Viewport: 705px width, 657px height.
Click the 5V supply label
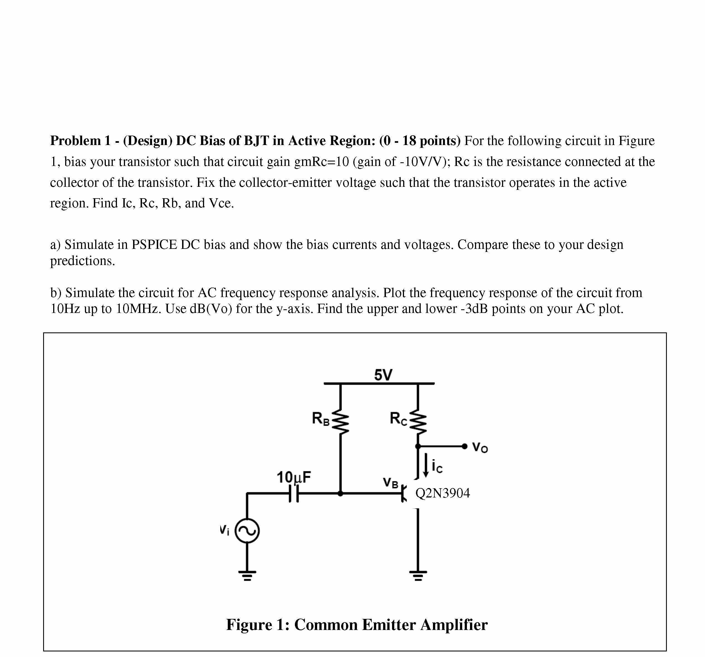[383, 375]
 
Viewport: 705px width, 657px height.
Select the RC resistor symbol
[418, 423]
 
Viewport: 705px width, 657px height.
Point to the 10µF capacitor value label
[294, 477]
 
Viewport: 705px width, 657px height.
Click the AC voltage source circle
[247, 531]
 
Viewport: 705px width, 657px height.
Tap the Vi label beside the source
[224, 530]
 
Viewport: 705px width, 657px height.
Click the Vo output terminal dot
[464, 446]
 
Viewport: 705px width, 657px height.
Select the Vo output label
[480, 447]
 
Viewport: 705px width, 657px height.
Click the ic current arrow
[426, 464]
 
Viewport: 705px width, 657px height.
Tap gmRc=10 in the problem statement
[322, 162]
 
